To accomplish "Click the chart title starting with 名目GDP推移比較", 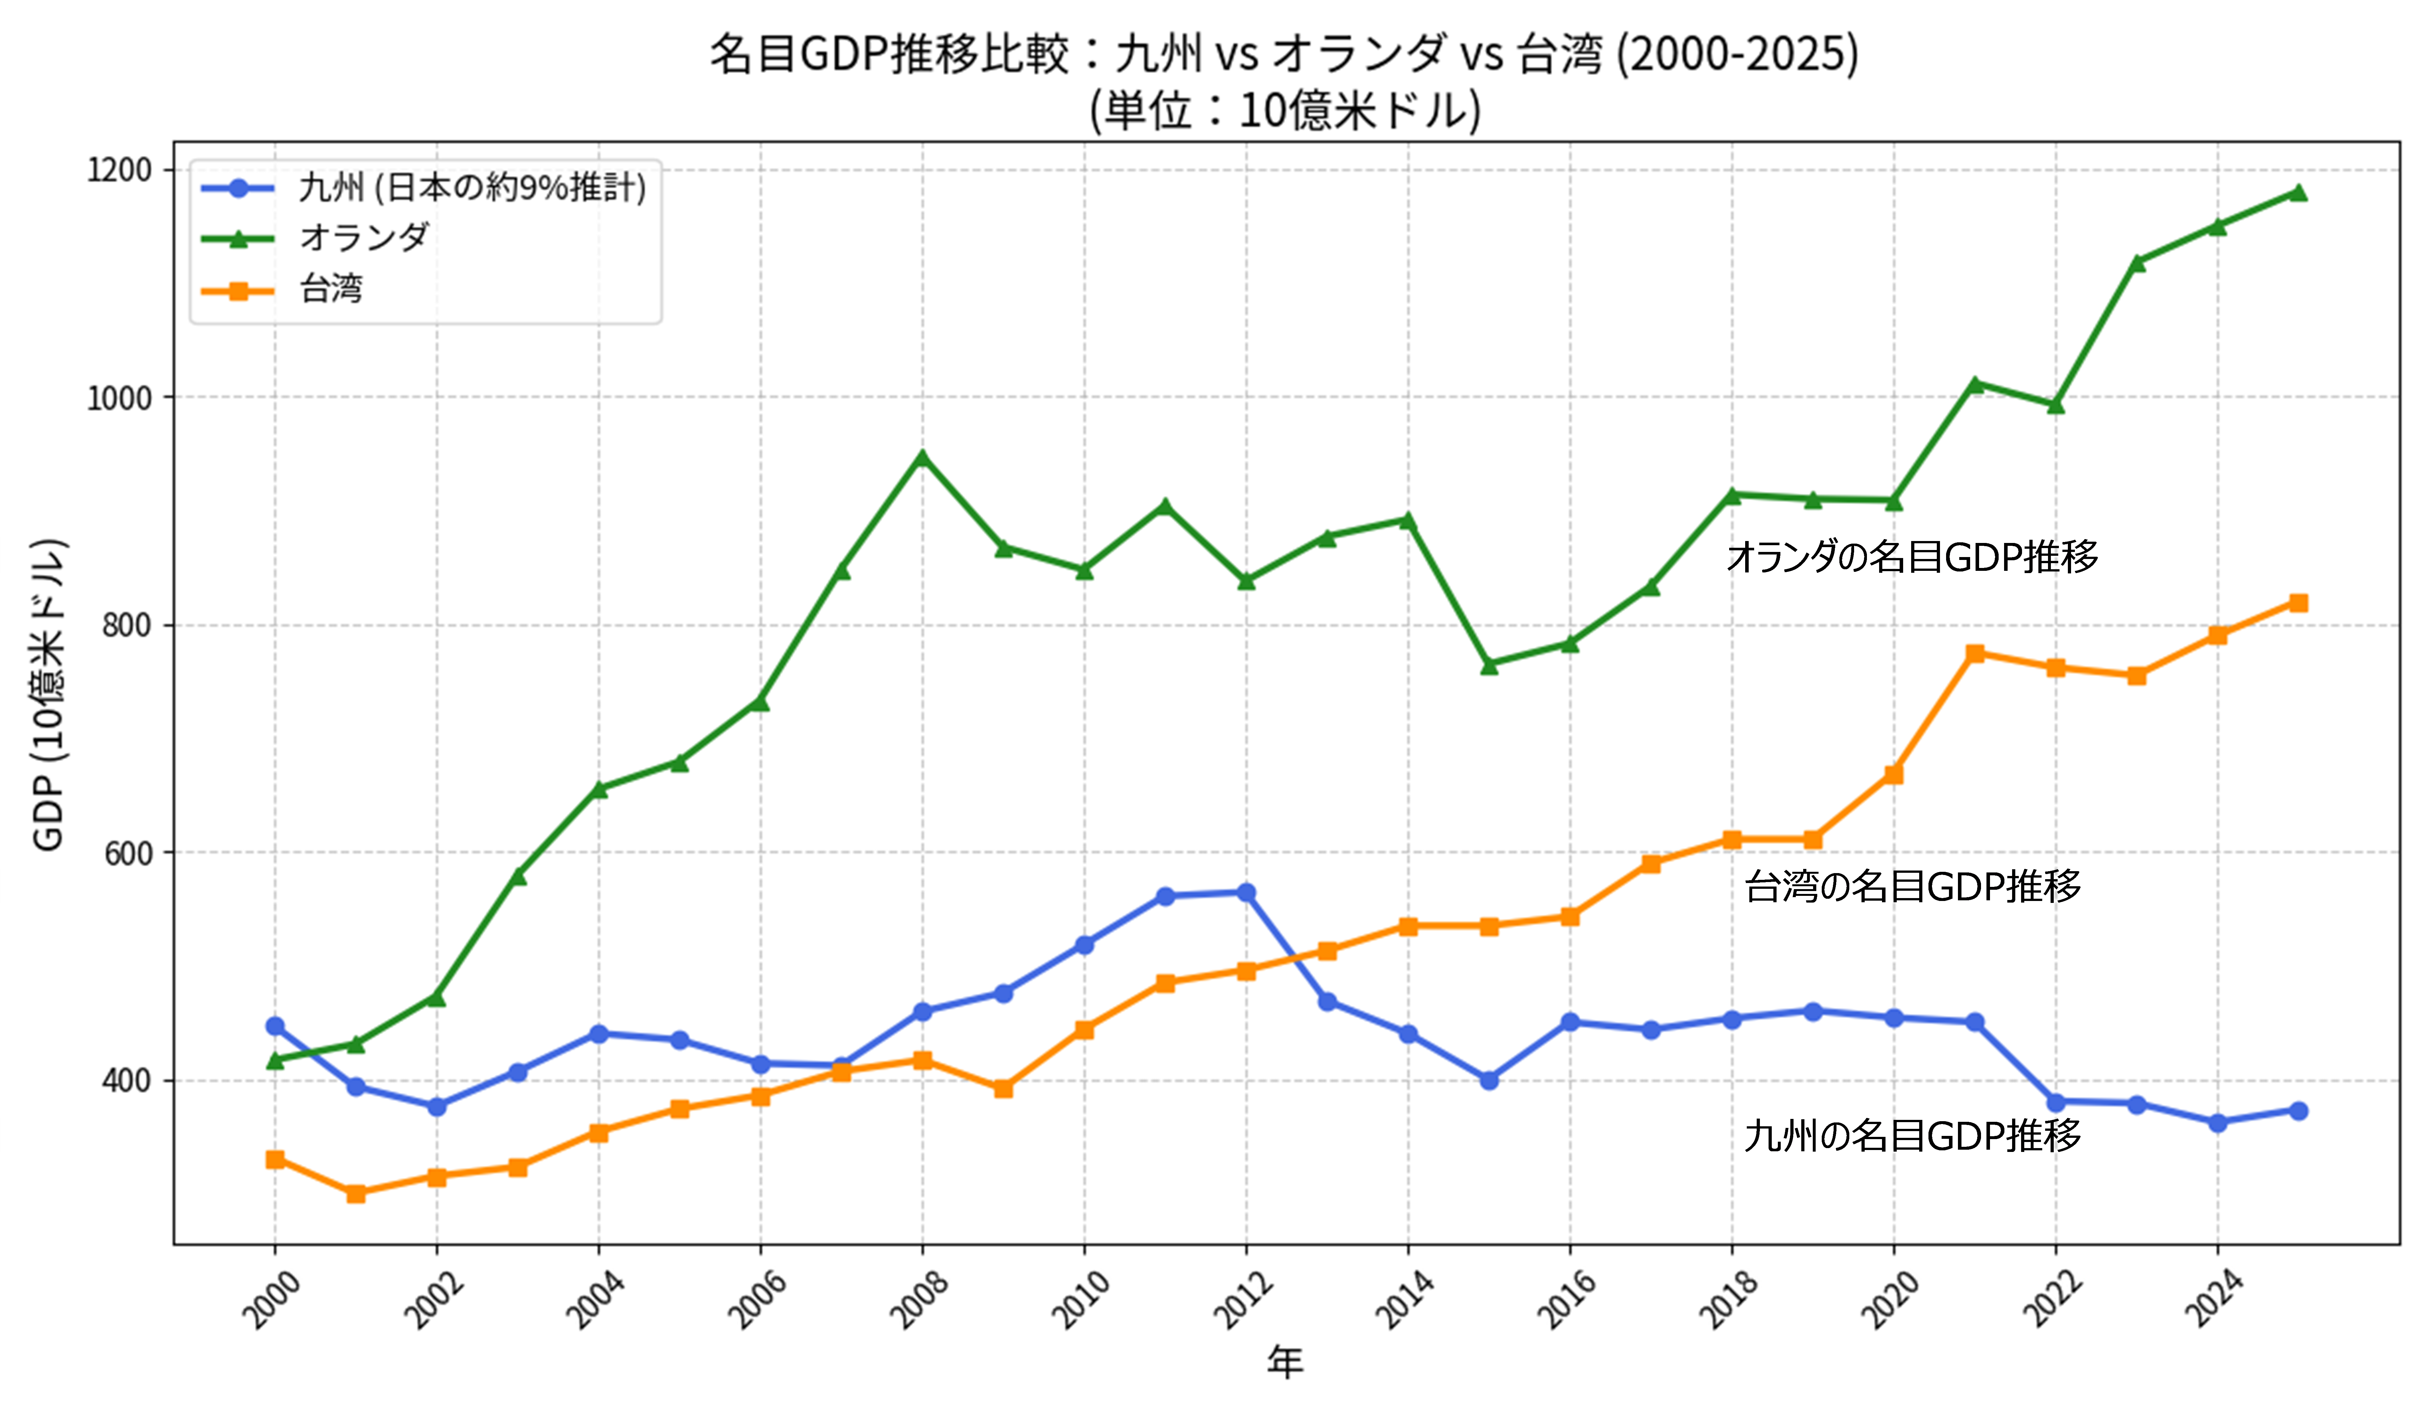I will pos(1284,55).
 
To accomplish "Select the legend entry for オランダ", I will pos(363,237).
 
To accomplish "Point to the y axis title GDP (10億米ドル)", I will pos(48,694).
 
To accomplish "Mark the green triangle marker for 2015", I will pos(1489,665).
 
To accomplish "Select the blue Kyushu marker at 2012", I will pos(1246,893).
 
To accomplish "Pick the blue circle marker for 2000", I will pos(275,1026).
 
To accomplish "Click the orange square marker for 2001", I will pos(356,1193).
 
